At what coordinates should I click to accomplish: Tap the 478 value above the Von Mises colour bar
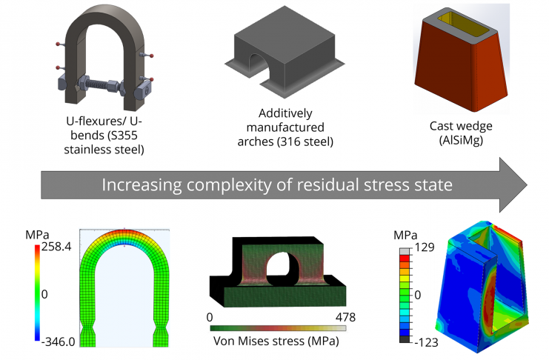click(x=346, y=317)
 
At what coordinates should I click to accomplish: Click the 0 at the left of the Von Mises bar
click(x=211, y=317)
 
